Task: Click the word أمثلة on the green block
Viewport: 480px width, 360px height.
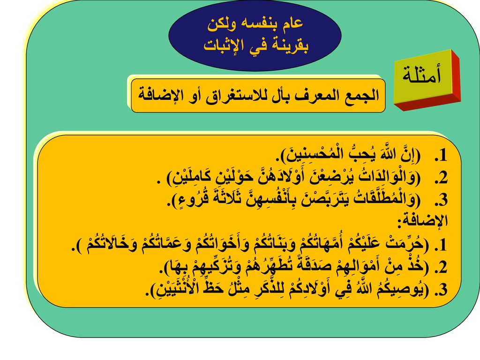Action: (421, 75)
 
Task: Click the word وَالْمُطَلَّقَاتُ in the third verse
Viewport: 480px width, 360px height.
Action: (384, 199)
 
